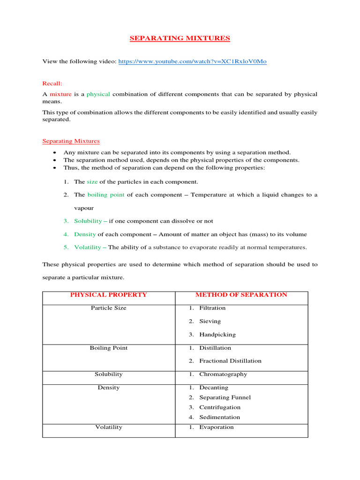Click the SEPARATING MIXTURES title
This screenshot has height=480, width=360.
[180, 38]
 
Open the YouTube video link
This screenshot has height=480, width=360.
[192, 61]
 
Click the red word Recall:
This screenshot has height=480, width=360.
[52, 83]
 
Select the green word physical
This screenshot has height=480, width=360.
[98, 94]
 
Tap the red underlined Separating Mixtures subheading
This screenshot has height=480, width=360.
[71, 141]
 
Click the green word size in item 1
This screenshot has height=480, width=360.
[92, 181]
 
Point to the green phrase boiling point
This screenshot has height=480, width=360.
[106, 195]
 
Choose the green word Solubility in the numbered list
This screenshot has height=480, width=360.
[88, 221]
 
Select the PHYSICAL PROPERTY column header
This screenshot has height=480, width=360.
[108, 295]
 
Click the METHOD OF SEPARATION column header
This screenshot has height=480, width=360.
[241, 295]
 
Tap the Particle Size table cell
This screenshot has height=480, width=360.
[108, 308]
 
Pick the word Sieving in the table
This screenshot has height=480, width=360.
[210, 321]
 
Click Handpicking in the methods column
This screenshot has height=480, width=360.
[217, 335]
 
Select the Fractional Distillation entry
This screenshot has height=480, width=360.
[230, 361]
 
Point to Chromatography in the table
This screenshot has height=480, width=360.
[223, 374]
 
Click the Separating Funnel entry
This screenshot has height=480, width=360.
[225, 397]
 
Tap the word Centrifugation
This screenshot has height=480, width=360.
[220, 407]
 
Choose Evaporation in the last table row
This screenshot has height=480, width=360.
[216, 427]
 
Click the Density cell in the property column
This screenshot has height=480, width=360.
[108, 388]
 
